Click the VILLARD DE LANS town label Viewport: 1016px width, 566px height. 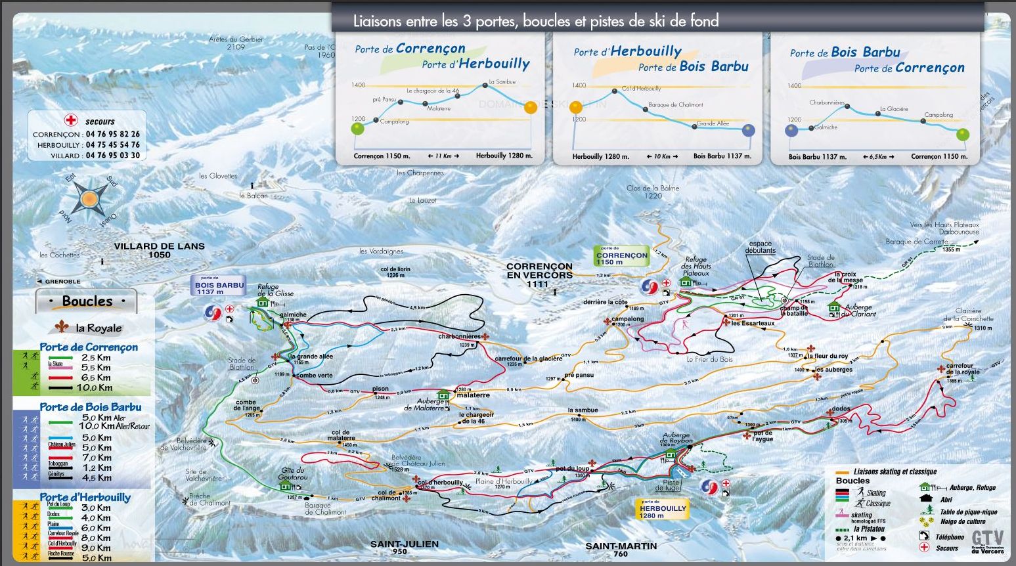(x=159, y=250)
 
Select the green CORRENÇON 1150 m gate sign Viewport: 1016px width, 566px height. (x=621, y=256)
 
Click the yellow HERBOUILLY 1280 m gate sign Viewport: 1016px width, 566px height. (x=663, y=511)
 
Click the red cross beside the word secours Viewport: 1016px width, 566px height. (x=70, y=120)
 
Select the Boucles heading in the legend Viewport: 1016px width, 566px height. (x=87, y=301)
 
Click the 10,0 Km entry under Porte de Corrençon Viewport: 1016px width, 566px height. (x=95, y=387)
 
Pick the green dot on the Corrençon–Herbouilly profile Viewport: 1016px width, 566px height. (x=357, y=129)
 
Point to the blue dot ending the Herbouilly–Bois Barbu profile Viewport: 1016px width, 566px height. (x=749, y=130)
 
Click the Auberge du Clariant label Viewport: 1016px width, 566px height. (x=859, y=311)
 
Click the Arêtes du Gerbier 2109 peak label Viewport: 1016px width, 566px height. (x=236, y=43)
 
